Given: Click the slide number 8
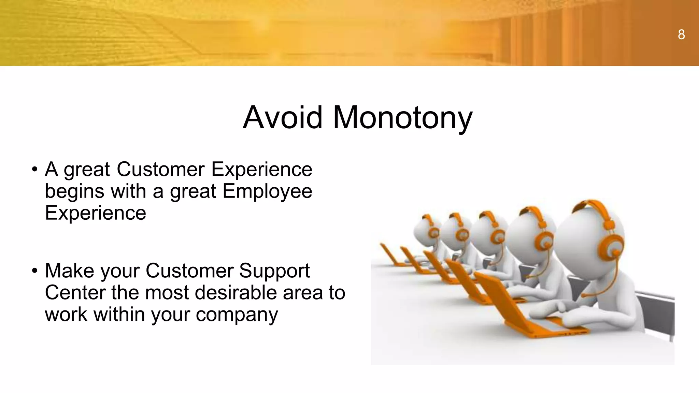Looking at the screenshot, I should coord(681,34).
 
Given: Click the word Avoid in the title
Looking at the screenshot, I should coord(282,117).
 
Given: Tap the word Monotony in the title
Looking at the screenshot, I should coord(402,118).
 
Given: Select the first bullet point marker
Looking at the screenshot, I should coord(34,170).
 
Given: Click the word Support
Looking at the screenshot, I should coord(274,271).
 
